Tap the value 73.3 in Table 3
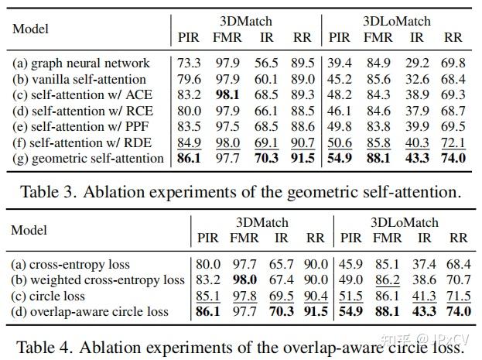pyautogui.click(x=188, y=63)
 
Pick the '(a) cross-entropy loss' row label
pyautogui.click(x=71, y=264)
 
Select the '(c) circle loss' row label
pyautogui.click(x=58, y=296)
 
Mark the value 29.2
pyautogui.click(x=416, y=63)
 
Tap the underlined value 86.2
pyautogui.click(x=388, y=280)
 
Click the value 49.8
pyautogui.click(x=340, y=127)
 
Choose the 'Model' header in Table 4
pyautogui.click(x=30, y=230)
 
